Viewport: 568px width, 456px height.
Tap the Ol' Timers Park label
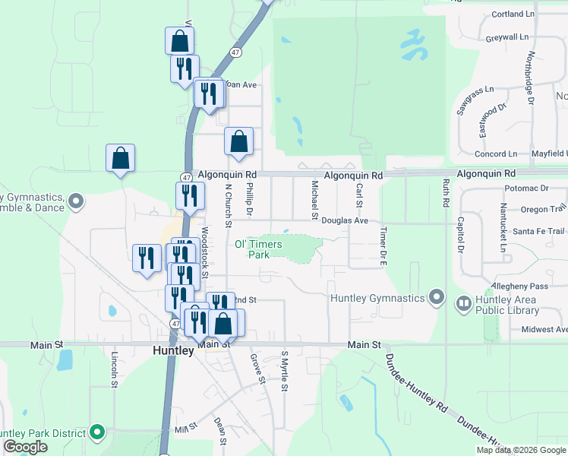coord(258,249)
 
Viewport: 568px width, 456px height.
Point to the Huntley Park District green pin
coord(96,433)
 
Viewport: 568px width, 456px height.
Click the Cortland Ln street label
coord(513,14)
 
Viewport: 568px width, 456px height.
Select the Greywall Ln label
coord(506,36)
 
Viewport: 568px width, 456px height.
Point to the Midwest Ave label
coord(544,329)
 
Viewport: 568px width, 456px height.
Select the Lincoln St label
coord(115,369)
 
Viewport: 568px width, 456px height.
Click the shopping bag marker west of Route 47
coord(120,159)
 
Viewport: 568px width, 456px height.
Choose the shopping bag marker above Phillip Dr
coord(238,141)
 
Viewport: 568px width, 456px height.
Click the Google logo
coord(25,447)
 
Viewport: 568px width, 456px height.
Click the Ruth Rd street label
coord(446,193)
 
